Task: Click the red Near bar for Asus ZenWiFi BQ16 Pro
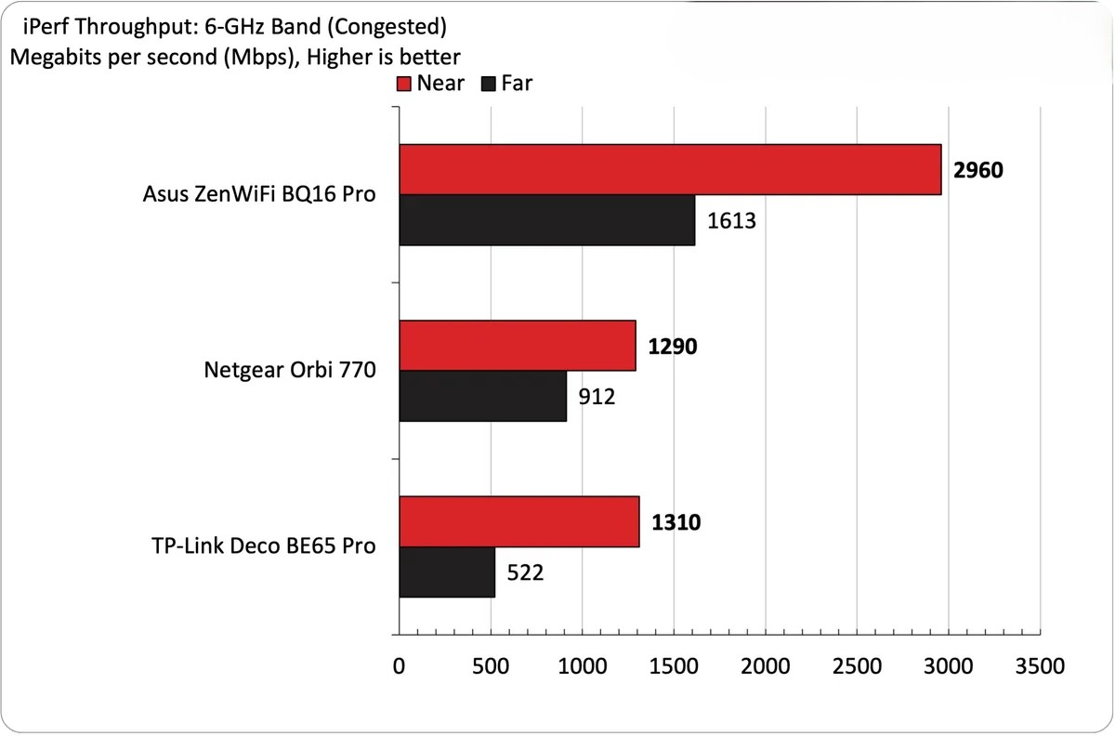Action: [x=670, y=169]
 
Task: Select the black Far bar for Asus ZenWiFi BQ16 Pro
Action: [x=547, y=220]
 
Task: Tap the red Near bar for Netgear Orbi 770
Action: [x=518, y=346]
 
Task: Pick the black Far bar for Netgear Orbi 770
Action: [x=483, y=397]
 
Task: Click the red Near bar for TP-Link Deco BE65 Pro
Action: [x=519, y=521]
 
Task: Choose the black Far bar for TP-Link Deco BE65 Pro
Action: [x=447, y=572]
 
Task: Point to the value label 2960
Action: [x=978, y=171]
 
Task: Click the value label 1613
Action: [x=731, y=221]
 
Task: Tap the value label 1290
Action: [x=672, y=347]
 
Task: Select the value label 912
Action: [x=597, y=398]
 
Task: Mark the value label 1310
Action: [x=676, y=522]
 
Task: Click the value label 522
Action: [x=525, y=572]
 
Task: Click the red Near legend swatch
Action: [x=404, y=84]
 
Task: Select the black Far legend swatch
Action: [x=489, y=84]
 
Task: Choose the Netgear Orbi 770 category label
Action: [x=289, y=371]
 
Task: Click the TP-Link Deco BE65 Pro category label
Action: [x=262, y=545]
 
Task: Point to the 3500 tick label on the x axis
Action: [x=1040, y=666]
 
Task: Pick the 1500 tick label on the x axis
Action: [x=674, y=666]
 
